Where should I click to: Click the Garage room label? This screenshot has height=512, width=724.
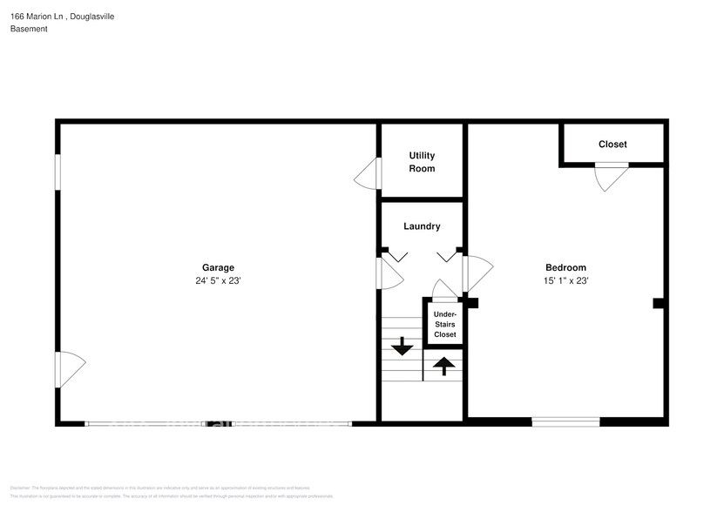tap(218, 268)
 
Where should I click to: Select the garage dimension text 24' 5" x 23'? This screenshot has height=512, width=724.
tap(218, 281)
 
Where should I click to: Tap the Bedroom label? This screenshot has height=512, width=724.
tap(565, 268)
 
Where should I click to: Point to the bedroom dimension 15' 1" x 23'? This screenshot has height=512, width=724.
tap(565, 281)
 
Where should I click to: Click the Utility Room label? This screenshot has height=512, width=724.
tap(422, 162)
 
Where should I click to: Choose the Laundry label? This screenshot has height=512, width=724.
tap(422, 226)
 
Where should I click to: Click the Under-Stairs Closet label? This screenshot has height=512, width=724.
tap(444, 324)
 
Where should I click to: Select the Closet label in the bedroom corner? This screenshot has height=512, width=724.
tap(612, 145)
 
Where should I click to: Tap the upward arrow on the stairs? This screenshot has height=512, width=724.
tap(443, 367)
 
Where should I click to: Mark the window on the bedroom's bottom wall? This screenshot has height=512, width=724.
tap(565, 422)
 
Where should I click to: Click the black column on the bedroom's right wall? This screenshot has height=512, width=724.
tap(660, 303)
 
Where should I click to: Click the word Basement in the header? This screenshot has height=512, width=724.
tap(29, 29)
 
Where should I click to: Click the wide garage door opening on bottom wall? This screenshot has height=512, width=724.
tap(218, 424)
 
